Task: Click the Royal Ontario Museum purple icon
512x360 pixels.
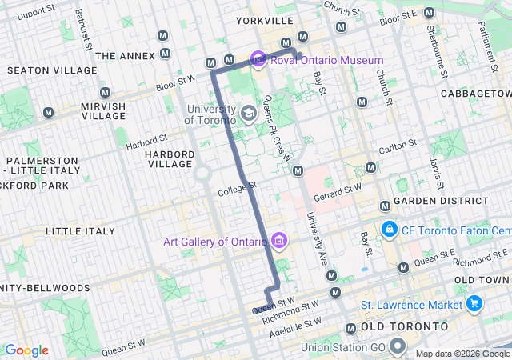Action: point(258,60)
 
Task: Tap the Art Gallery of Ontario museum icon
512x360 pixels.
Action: point(279,241)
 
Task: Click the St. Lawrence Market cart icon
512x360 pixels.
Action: point(474,304)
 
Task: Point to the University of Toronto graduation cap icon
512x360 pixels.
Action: point(249,114)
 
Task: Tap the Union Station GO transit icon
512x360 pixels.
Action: point(398,348)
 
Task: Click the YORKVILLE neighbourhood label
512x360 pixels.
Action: point(263,20)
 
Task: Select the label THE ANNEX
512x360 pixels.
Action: point(124,55)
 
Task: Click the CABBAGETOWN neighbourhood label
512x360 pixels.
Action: point(476,94)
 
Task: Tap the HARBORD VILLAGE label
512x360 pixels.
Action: point(170,159)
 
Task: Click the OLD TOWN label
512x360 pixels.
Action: point(482,279)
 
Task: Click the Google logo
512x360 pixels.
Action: point(26,350)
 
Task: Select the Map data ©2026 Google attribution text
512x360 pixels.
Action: point(462,354)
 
